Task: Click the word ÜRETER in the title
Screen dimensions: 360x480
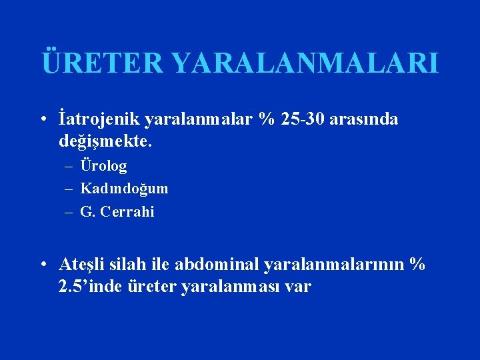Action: tap(101, 63)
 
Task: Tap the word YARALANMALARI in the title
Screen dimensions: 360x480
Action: tap(305, 63)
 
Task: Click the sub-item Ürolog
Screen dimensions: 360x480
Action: tap(103, 165)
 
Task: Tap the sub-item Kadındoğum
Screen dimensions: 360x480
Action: tap(124, 189)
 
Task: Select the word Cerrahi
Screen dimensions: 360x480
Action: tap(129, 212)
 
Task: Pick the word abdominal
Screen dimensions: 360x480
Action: tap(217, 265)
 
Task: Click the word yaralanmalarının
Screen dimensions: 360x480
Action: tap(335, 265)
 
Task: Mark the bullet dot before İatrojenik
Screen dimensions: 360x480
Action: tap(42, 120)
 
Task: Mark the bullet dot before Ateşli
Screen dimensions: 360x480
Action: tap(42, 265)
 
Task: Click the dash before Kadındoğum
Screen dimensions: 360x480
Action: tap(69, 189)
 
